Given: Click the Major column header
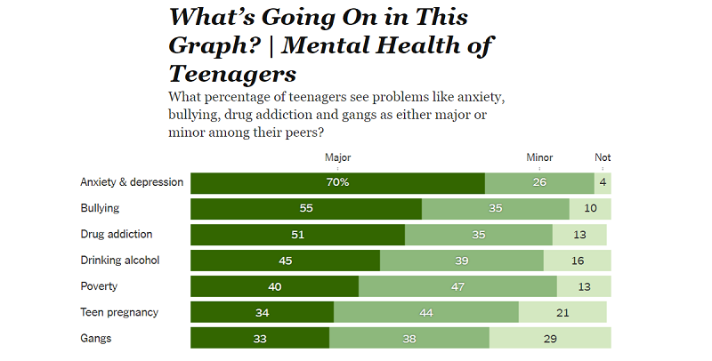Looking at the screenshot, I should pyautogui.click(x=337, y=157).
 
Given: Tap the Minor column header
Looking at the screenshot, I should pyautogui.click(x=539, y=157).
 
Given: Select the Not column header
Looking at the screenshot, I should pyautogui.click(x=603, y=157).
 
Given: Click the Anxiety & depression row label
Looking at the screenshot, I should pyautogui.click(x=132, y=182).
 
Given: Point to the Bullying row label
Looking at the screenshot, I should pyautogui.click(x=100, y=208).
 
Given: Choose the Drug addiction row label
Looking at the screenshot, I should pyautogui.click(x=117, y=235).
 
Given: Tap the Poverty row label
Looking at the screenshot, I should pyautogui.click(x=98, y=286).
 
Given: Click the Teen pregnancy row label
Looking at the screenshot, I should pyautogui.click(x=119, y=312).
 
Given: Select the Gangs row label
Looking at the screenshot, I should pyautogui.click(x=96, y=338).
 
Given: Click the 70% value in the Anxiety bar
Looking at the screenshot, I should pyautogui.click(x=337, y=183).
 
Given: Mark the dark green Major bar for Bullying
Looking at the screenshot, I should pyautogui.click(x=306, y=209).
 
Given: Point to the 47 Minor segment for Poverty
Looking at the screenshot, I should pyautogui.click(x=457, y=287).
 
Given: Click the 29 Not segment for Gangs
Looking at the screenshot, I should pyautogui.click(x=550, y=339).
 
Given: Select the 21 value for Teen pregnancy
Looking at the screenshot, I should pyautogui.click(x=562, y=313).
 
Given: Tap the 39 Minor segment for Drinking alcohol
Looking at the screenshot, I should pyautogui.click(x=461, y=261).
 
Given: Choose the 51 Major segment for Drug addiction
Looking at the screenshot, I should pyautogui.click(x=298, y=235).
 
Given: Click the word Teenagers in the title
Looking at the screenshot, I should pyautogui.click(x=232, y=73).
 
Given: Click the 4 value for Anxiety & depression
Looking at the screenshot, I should pyautogui.click(x=603, y=183).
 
